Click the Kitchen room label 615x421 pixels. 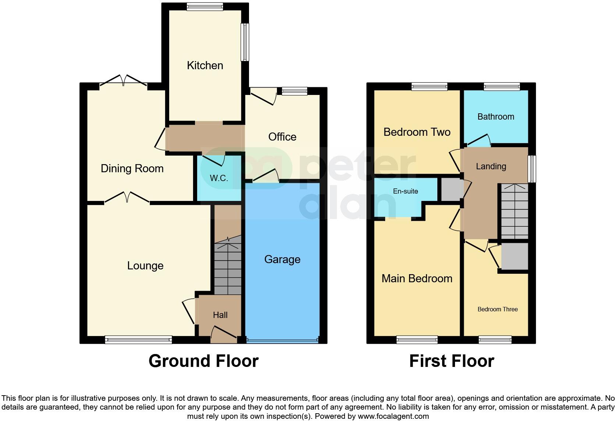click(205, 66)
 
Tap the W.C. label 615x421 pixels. click(219, 178)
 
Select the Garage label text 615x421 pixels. click(282, 259)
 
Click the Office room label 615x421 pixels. click(282, 137)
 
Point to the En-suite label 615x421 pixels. click(405, 191)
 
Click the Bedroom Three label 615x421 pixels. click(497, 309)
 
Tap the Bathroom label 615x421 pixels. click(495, 117)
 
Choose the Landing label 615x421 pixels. click(491, 166)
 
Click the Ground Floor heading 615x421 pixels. click(203, 361)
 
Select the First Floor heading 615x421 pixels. click(451, 361)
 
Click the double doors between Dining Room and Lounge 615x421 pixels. click(127, 198)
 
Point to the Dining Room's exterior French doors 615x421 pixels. click(124, 81)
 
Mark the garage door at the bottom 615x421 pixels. click(282, 341)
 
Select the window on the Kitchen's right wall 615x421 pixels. click(245, 42)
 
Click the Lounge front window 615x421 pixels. click(138, 340)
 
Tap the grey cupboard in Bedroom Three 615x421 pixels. click(514, 256)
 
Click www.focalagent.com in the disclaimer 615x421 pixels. click(393, 416)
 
